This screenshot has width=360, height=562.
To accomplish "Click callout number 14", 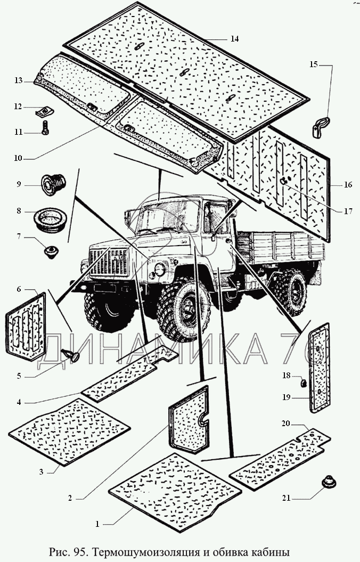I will [235, 39].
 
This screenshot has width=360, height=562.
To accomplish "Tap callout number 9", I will [19, 185].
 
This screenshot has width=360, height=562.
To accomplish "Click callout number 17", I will [348, 211].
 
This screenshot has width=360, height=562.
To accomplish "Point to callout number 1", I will [97, 524].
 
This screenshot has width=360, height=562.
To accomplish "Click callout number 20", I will [286, 424].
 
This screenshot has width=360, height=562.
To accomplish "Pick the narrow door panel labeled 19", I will [318, 368].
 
